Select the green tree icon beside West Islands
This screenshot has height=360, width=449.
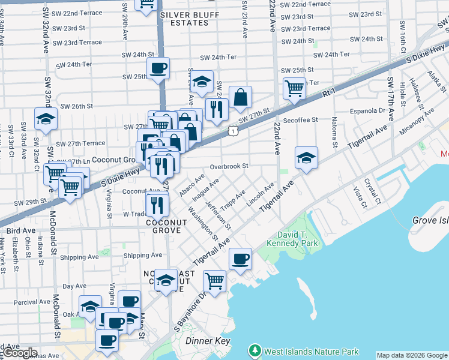(x=255, y=350)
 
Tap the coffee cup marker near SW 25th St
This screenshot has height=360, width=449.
(x=158, y=68)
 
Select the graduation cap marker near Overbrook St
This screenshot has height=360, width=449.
(x=306, y=158)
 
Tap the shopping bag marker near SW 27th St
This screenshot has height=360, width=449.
(x=240, y=97)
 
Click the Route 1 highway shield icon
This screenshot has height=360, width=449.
(x=231, y=130)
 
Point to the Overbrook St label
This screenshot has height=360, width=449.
(x=229, y=166)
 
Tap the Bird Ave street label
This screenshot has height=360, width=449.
(x=20, y=230)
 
